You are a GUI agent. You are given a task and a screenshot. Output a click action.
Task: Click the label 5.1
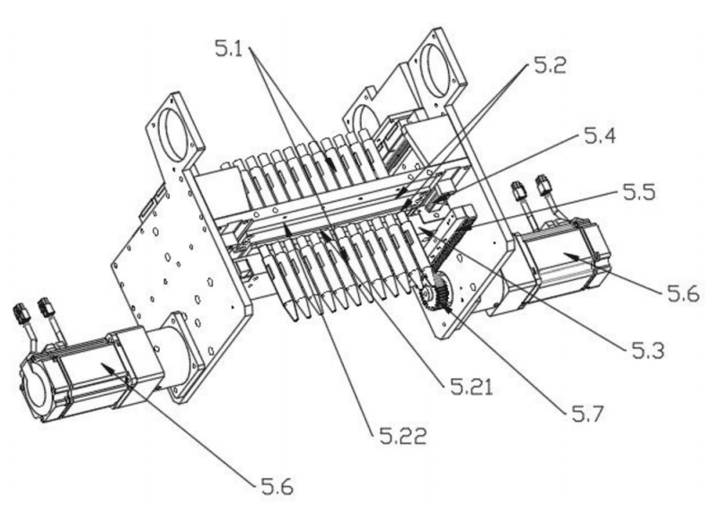point(229,48)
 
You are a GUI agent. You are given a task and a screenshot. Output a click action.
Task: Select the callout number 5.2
point(550,66)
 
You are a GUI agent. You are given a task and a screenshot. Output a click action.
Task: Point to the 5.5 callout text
point(639,191)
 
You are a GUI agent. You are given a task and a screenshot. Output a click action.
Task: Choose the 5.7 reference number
point(587,414)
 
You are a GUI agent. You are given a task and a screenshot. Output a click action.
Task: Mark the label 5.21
point(471,387)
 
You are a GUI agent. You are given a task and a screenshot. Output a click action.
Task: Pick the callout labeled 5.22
point(403,435)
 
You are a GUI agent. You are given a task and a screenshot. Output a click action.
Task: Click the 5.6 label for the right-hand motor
point(683,293)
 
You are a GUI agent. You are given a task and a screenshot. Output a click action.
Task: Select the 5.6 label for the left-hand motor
point(277,486)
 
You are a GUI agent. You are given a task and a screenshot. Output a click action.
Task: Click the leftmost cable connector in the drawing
point(22,313)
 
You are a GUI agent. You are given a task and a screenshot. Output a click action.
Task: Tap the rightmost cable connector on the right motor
point(545,184)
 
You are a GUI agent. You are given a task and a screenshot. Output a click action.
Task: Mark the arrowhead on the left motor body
point(107,367)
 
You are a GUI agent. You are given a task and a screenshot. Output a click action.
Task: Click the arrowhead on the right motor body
point(570,255)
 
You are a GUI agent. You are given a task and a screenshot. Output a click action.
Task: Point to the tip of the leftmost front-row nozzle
point(295,317)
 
